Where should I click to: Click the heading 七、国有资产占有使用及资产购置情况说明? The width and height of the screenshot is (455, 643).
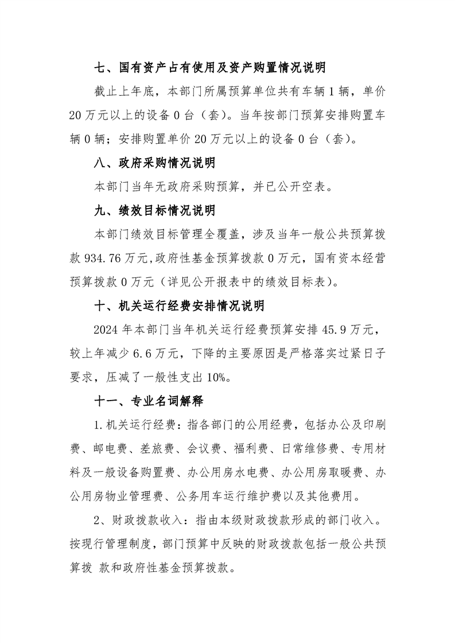pyautogui.click(x=210, y=68)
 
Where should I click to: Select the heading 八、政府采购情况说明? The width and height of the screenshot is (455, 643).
pyautogui.click(x=154, y=163)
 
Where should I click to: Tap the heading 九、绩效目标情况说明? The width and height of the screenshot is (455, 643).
pyautogui.click(x=154, y=210)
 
